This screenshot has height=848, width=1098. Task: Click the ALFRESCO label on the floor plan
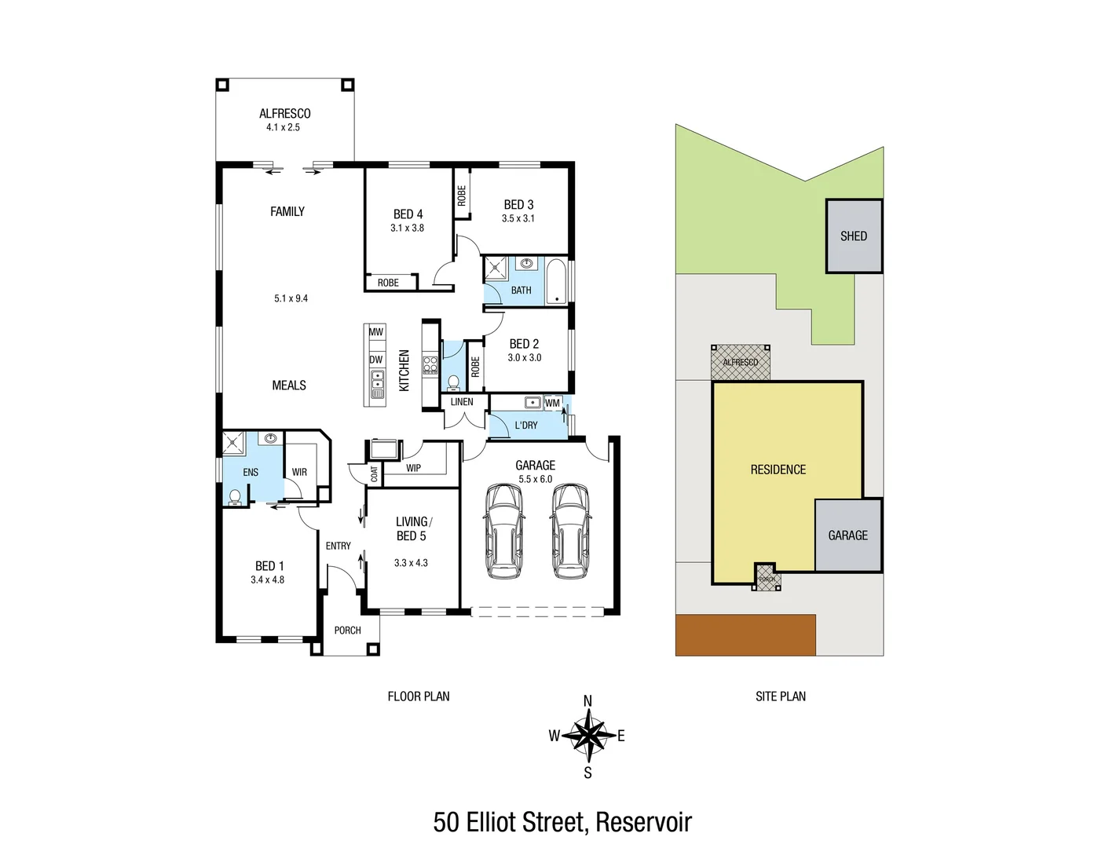coord(284,114)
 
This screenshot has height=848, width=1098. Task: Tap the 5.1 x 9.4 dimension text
coord(291,298)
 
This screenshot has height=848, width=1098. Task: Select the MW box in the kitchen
coord(376,332)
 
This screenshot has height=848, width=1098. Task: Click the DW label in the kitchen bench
coord(376,360)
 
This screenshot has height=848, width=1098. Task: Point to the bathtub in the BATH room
coord(556,281)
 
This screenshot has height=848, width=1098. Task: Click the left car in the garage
coord(503,532)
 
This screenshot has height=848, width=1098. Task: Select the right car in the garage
coord(570,532)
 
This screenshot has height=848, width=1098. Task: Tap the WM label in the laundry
coord(553,404)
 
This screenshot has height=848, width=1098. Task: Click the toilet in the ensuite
coord(235,497)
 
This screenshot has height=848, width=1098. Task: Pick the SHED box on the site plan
coord(854,236)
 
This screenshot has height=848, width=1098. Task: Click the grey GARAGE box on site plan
coord(848,535)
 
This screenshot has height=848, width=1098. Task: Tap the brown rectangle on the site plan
coord(745,634)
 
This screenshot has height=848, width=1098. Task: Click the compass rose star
coord(587,737)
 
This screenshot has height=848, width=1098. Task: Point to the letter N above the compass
coord(587,701)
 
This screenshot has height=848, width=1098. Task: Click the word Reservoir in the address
coord(643,822)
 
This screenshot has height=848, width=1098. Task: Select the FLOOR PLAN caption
coord(419,696)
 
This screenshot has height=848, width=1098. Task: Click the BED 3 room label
coord(518,205)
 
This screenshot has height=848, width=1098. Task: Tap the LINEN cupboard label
coord(462,402)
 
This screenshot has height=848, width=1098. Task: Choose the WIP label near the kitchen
coord(413,468)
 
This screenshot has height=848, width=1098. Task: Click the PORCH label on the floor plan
coord(347,631)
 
